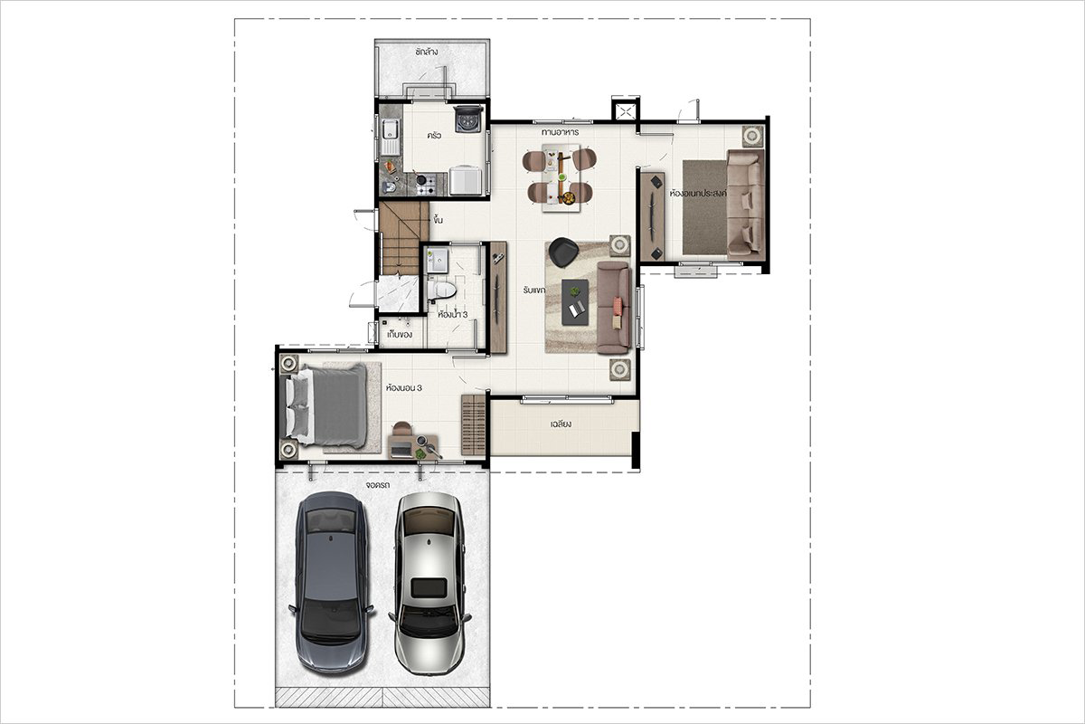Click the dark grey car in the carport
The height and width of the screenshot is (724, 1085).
pos(331,582)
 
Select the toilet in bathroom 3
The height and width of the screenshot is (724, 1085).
pos(441,291)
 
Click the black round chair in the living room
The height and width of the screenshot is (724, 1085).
pos(563,252)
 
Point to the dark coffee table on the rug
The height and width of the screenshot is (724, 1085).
pos(575,301)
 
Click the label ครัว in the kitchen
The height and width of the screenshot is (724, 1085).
pos(434,135)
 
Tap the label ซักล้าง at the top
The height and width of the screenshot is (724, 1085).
pos(426,52)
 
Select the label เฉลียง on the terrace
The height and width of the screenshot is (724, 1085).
pos(561,424)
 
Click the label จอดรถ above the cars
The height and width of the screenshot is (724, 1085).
pos(378,484)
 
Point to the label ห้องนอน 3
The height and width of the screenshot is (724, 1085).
pos(403,388)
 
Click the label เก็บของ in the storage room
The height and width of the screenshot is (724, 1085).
pos(400,334)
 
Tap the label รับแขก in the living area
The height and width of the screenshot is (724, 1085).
pos(534,291)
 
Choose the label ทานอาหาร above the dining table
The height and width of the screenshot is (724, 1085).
pos(560,132)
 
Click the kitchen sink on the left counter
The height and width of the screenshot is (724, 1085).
pos(390,137)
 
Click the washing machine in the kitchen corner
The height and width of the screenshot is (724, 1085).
pos(468,119)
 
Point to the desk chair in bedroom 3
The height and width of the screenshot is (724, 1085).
pos(402,428)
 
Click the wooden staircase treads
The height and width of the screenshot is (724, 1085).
pos(403,238)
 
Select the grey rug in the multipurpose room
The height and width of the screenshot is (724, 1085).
pos(705,207)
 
